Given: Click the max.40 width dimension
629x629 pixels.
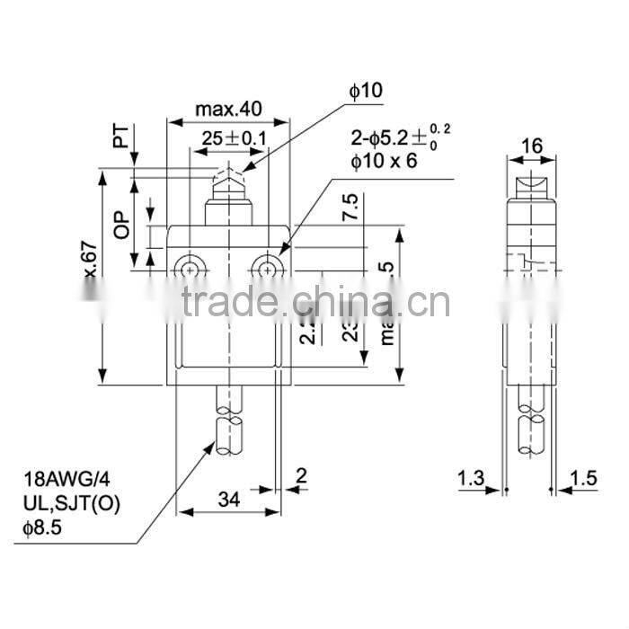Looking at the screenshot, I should click(x=229, y=109).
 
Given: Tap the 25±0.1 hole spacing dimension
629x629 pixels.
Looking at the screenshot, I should click(x=233, y=138).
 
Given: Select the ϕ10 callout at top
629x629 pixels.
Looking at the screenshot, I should click(x=366, y=90).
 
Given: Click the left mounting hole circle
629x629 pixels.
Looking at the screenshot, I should click(x=190, y=268).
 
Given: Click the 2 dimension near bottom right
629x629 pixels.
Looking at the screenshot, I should click(x=302, y=474).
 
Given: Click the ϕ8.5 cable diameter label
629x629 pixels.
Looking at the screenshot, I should click(x=41, y=525).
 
